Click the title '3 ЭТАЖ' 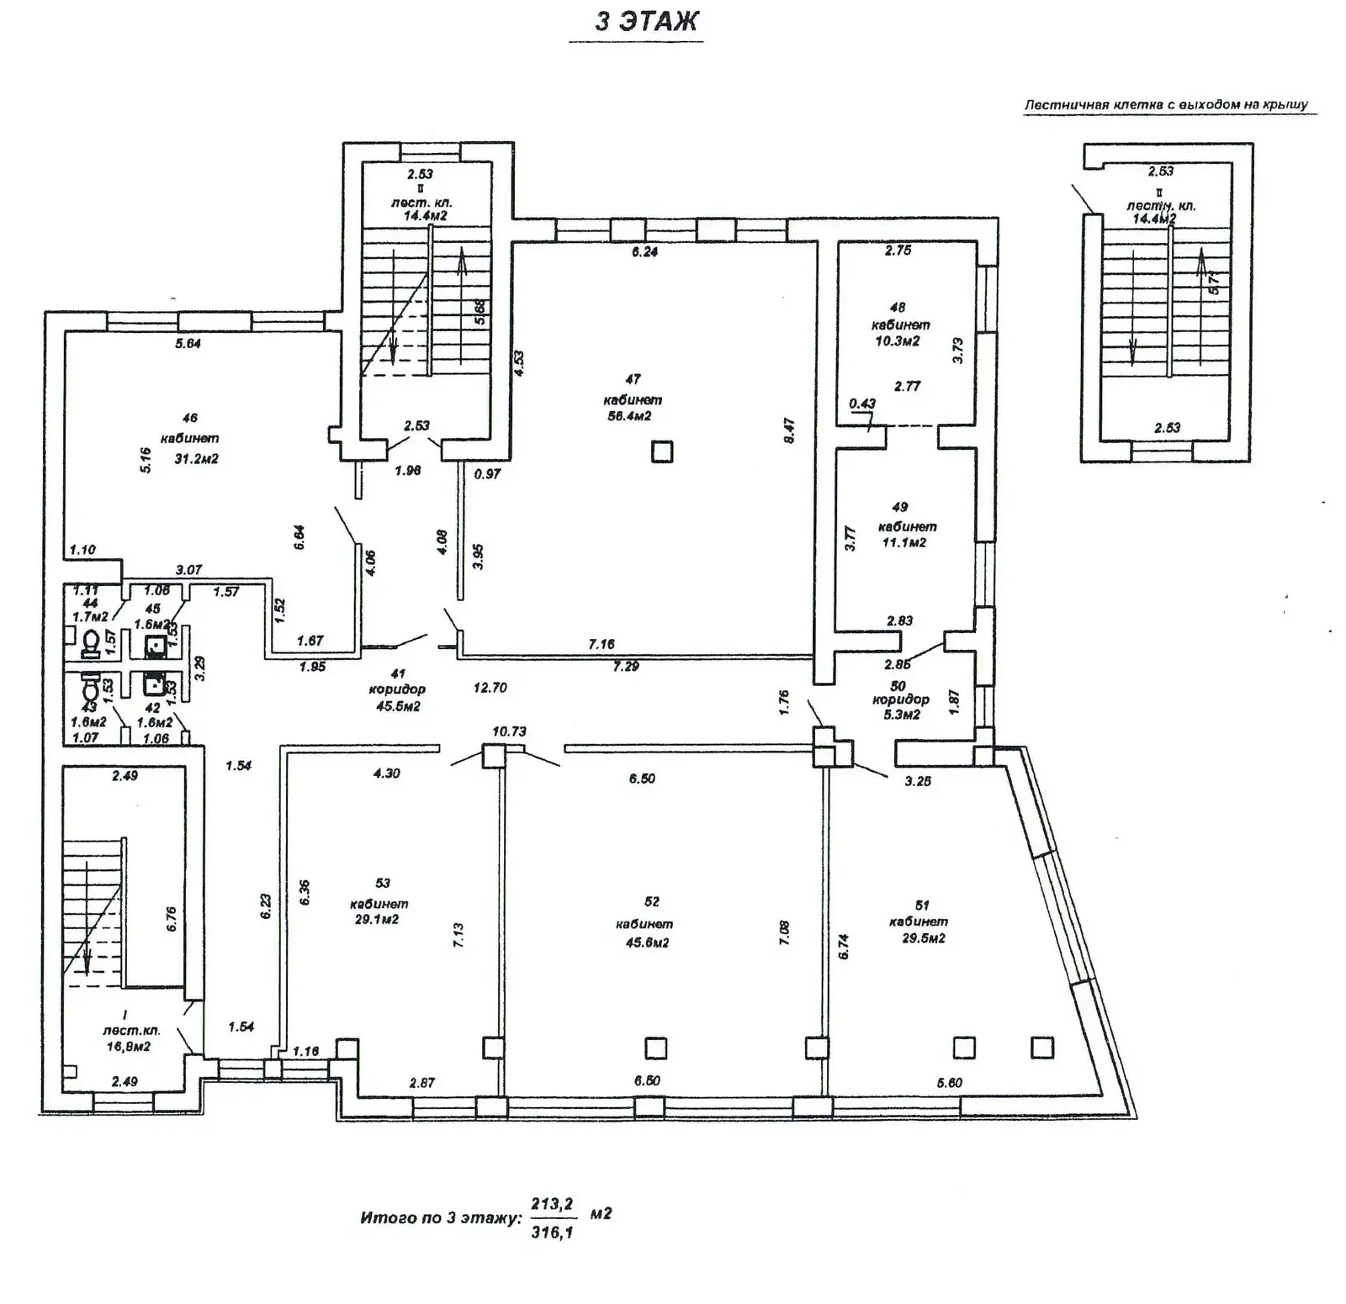point(646,21)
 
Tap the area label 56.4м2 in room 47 point(629,416)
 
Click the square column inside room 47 point(662,452)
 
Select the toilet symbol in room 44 point(90,644)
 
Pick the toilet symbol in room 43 point(91,689)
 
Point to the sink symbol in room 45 point(154,646)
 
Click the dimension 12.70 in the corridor point(490,688)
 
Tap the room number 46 point(189,418)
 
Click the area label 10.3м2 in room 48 point(898,341)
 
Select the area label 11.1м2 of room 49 point(904,543)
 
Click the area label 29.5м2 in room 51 point(924,938)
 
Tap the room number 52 point(651,902)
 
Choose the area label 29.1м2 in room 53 point(377,920)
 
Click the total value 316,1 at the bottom point(552,1233)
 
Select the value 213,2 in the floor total point(552,1205)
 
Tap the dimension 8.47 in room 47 point(789,430)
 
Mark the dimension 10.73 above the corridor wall point(509,731)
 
